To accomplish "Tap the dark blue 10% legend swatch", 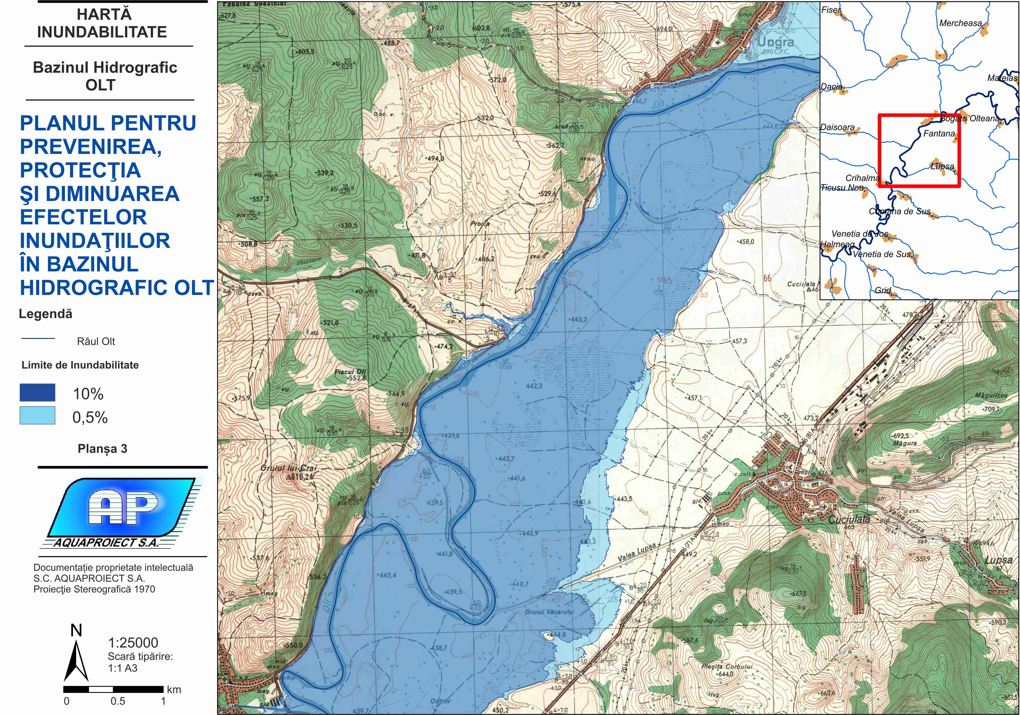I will tap(37, 393).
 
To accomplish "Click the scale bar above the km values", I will tap(113, 689).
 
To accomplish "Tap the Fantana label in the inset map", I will tap(939, 133).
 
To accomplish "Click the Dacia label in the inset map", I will tap(831, 87).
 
